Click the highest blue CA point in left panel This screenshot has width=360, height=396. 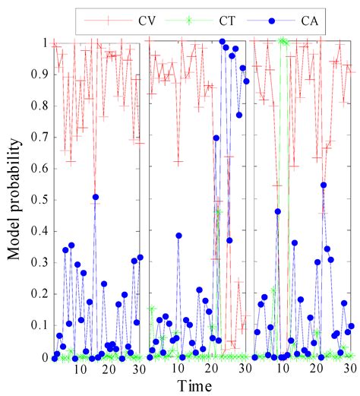click(96, 198)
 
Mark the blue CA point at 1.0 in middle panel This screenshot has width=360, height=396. click(222, 42)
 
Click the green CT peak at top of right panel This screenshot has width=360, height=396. click(283, 41)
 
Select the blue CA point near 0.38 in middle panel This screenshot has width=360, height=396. click(178, 236)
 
